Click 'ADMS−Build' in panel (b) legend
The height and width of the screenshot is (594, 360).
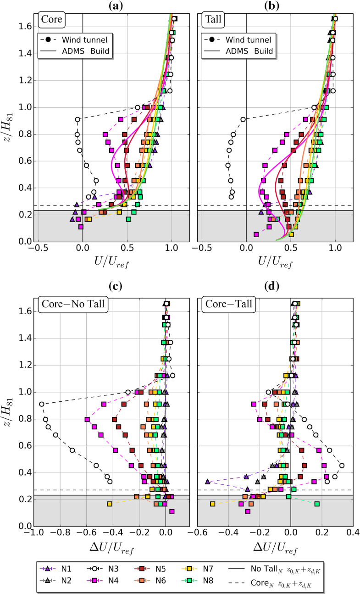point(249,51)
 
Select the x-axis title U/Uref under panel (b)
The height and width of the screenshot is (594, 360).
point(275,263)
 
